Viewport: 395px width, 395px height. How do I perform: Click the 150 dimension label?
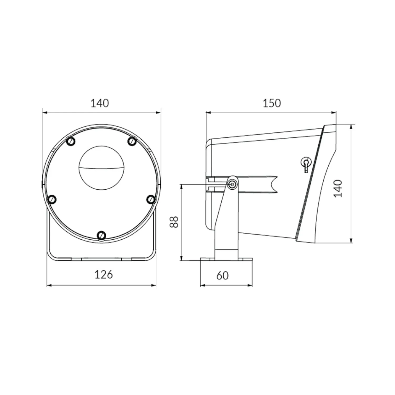pyautogui.click(x=272, y=103)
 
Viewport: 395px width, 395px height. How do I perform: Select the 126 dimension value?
pyautogui.click(x=103, y=274)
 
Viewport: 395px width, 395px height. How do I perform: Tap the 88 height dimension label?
pyautogui.click(x=174, y=222)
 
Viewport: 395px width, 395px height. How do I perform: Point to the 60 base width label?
pyautogui.click(x=223, y=275)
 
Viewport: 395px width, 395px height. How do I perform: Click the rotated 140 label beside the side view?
pyautogui.click(x=338, y=188)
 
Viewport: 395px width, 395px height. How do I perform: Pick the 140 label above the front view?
pyautogui.click(x=100, y=103)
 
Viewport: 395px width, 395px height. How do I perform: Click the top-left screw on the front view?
pyautogui.click(x=71, y=141)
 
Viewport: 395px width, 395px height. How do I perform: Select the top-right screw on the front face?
pyautogui.click(x=132, y=141)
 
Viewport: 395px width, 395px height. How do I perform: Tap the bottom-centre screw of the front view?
pyautogui.click(x=101, y=235)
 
